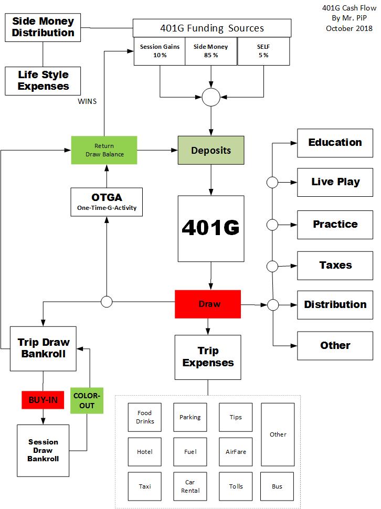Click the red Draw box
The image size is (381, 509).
coord(208,304)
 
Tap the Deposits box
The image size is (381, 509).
coord(211,151)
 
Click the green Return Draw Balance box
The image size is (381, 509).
coord(104,150)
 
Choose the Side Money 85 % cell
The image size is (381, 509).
coord(211,51)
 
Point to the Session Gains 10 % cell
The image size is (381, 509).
coord(160,51)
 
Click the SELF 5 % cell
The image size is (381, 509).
coord(264,51)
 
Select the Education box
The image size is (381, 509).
coord(335,143)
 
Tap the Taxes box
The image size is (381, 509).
coord(335,266)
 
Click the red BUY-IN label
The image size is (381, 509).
coord(43,400)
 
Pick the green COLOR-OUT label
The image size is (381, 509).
coord(87,400)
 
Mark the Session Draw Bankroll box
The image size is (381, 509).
coord(43,450)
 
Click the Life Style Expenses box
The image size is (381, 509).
coord(43,79)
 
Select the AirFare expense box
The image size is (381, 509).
coord(236,452)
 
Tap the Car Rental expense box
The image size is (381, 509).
coord(190,486)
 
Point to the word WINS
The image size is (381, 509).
coord(87,101)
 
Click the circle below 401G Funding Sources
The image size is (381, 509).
coord(211,97)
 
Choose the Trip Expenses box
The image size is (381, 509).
coord(208,357)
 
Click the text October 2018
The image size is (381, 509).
coord(349,28)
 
